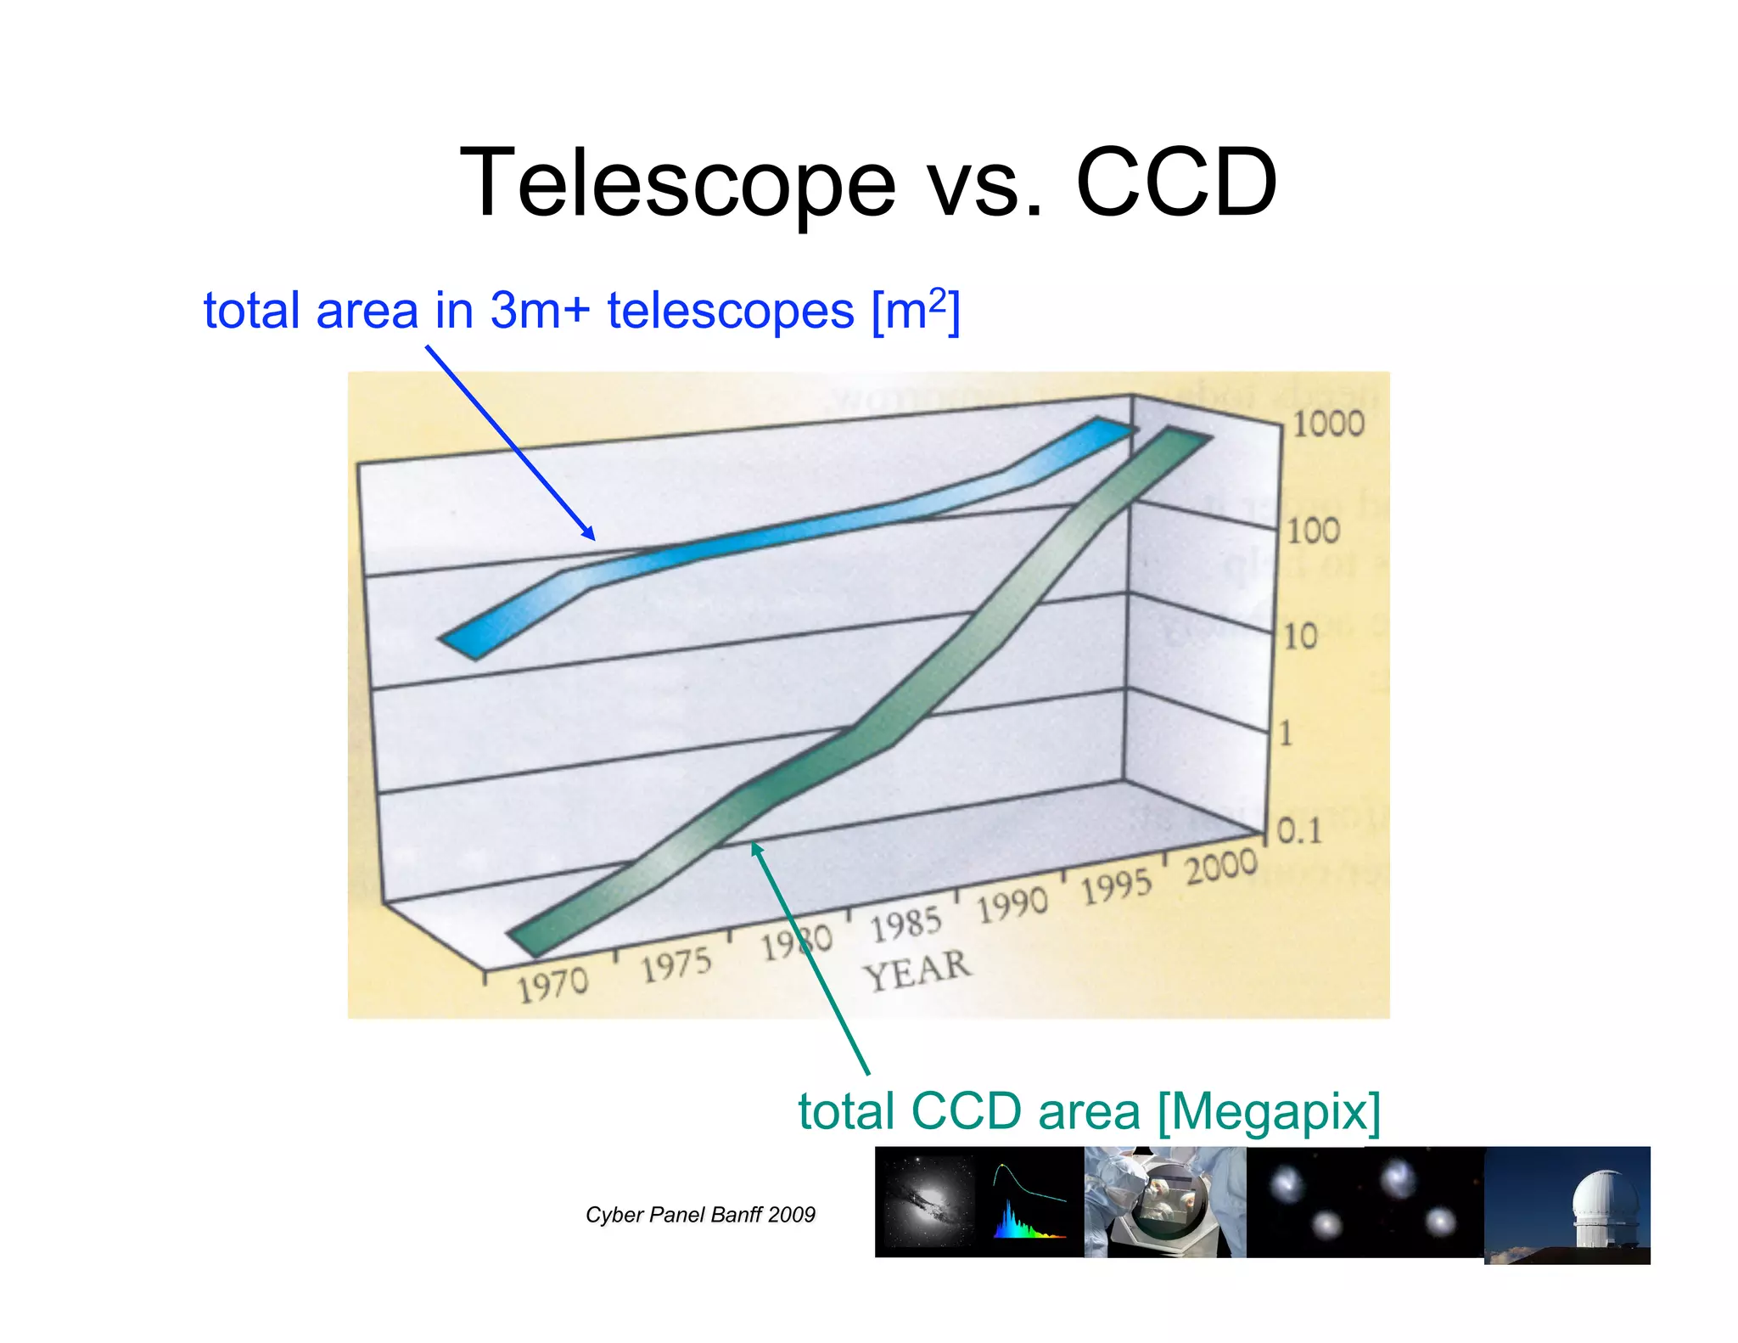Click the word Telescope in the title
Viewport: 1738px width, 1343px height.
click(x=677, y=183)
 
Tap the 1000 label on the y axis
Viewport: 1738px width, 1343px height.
click(x=1327, y=424)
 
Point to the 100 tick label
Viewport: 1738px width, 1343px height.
click(x=1313, y=531)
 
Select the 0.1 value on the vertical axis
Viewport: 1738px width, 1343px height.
click(x=1299, y=831)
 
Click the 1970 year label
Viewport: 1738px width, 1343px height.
click(x=552, y=986)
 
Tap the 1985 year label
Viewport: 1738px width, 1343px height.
click(x=905, y=924)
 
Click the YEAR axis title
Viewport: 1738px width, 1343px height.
click(x=917, y=970)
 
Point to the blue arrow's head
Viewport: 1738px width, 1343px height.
click(x=590, y=535)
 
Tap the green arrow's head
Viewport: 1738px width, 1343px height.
click(x=756, y=848)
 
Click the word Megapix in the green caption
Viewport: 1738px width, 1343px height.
click(x=1269, y=1111)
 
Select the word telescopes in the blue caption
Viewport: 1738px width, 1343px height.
click(x=730, y=311)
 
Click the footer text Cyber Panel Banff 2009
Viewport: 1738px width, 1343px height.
click(x=700, y=1215)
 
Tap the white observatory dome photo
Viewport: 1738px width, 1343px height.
click(x=1567, y=1205)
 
